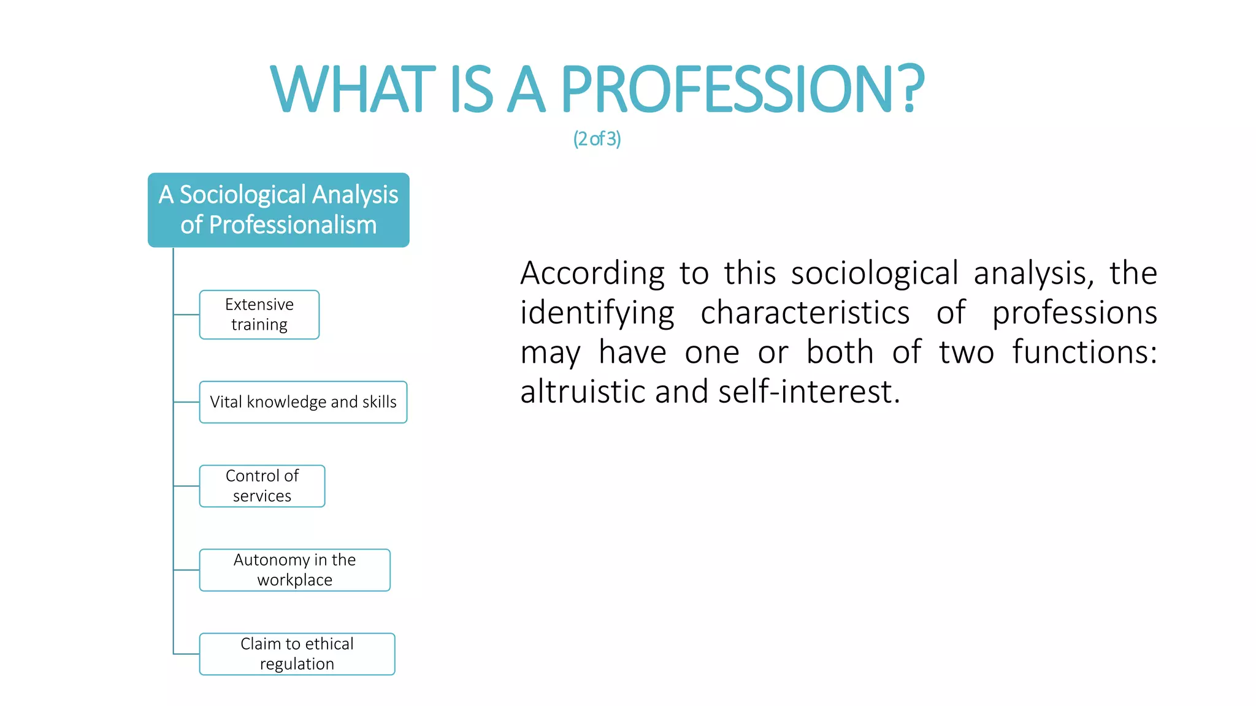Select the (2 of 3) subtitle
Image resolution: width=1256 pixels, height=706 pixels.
pyautogui.click(x=597, y=139)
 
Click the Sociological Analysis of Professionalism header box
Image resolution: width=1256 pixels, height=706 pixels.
pyautogui.click(x=278, y=210)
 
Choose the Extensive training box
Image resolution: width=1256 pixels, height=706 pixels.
pyautogui.click(x=259, y=314)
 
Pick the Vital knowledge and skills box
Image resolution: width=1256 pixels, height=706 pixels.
pyautogui.click(x=303, y=402)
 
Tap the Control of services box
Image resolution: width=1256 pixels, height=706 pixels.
pyautogui.click(x=262, y=486)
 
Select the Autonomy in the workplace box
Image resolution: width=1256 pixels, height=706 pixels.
pyautogui.click(x=294, y=570)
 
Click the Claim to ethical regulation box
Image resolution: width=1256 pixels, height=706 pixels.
pyautogui.click(x=297, y=654)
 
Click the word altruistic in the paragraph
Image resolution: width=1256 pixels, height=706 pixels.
pyautogui.click(x=583, y=392)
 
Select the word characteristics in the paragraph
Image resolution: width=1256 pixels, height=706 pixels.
pyautogui.click(x=805, y=313)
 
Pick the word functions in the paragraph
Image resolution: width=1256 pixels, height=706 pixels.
pyautogui.click(x=1084, y=352)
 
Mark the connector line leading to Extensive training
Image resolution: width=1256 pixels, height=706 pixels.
pyautogui.click(x=186, y=314)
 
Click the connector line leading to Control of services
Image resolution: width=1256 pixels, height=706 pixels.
pyautogui.click(x=186, y=486)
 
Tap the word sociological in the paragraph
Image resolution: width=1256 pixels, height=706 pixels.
pyautogui.click(x=875, y=274)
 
